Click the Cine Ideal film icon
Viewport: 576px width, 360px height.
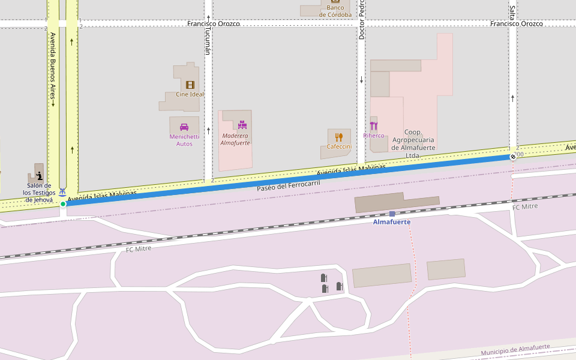[x=190, y=85]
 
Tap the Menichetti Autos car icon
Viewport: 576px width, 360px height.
[x=184, y=127]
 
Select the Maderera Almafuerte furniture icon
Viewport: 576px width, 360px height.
[x=242, y=125]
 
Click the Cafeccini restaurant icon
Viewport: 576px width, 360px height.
[x=339, y=137]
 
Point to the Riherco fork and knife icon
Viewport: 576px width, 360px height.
[x=374, y=126]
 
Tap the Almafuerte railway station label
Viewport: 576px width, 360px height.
[x=392, y=222]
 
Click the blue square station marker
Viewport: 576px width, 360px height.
[x=392, y=214]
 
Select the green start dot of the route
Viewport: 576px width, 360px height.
[x=63, y=204]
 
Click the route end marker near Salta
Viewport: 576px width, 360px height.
[x=513, y=157]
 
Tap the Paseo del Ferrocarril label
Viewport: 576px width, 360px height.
[x=288, y=186]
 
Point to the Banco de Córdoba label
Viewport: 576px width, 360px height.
[x=335, y=11]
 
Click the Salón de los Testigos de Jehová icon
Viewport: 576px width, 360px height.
[x=40, y=176]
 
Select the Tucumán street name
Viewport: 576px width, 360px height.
[x=208, y=40]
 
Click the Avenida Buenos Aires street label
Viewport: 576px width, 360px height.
[x=53, y=69]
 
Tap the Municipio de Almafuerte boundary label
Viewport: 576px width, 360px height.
[x=515, y=350]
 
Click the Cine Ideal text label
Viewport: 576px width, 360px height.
[x=190, y=94]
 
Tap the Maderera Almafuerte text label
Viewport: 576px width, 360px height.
[x=235, y=139]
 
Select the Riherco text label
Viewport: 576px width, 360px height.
[x=374, y=136]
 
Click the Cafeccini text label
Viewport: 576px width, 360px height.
[x=339, y=146]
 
